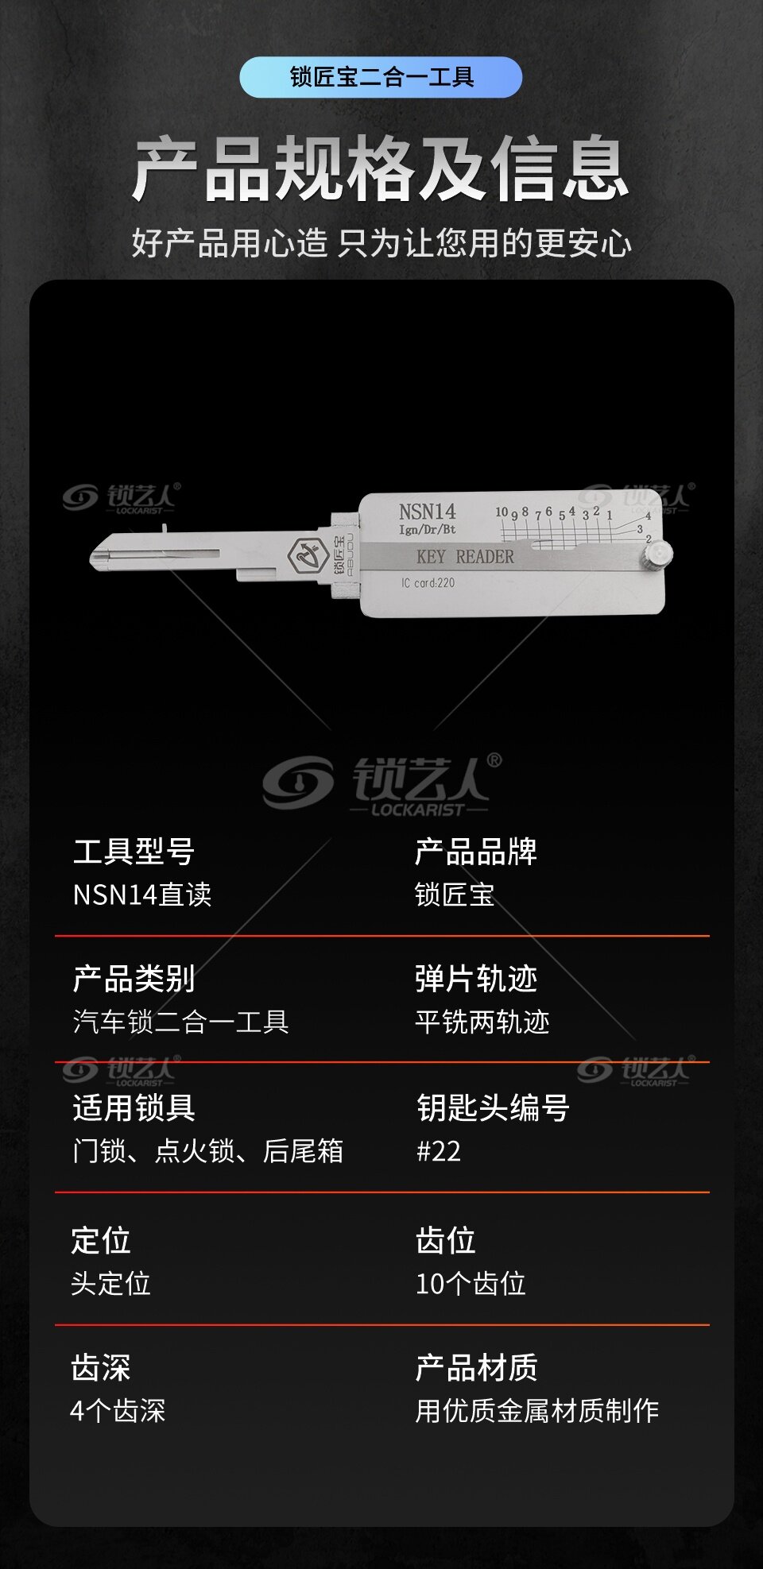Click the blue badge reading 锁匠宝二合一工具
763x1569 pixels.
(x=381, y=77)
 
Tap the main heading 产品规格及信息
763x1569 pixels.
(x=381, y=169)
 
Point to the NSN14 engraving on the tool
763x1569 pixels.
(x=428, y=512)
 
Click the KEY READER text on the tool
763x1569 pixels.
(x=465, y=557)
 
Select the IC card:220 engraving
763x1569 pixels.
(x=428, y=583)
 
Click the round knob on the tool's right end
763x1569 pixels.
(x=658, y=554)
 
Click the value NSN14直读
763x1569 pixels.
(x=142, y=895)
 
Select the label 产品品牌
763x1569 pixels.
(x=476, y=852)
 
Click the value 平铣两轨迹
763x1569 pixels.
(x=482, y=1022)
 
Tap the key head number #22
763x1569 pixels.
(x=439, y=1151)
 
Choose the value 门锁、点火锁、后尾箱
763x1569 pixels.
(x=207, y=1151)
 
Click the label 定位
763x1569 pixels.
(x=101, y=1241)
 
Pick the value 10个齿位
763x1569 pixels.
(x=471, y=1284)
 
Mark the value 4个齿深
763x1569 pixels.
(x=118, y=1411)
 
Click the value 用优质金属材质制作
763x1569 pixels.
(x=537, y=1411)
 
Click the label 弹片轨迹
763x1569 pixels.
(x=476, y=980)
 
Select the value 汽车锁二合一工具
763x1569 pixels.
(x=180, y=1022)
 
